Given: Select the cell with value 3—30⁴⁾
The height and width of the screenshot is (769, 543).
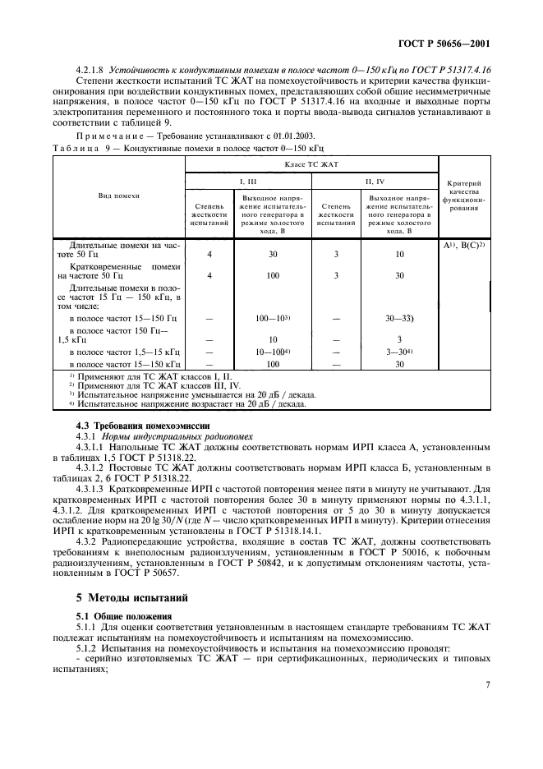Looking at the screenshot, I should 399,351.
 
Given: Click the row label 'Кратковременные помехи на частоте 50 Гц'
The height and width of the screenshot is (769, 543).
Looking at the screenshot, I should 119,272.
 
